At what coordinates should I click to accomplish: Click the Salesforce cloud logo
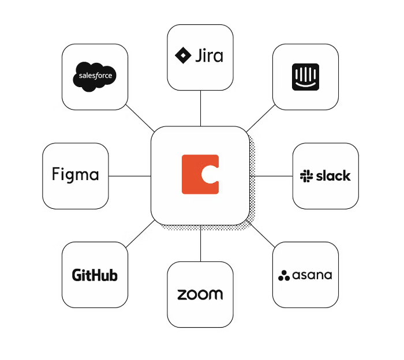click(95, 77)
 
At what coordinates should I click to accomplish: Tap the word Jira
click(209, 55)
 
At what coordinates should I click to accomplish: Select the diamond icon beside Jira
click(183, 55)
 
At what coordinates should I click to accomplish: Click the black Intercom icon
click(305, 77)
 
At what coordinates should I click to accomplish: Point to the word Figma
click(75, 174)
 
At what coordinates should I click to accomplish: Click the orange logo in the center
click(200, 174)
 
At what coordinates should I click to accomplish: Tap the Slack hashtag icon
click(306, 176)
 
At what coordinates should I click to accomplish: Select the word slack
click(333, 176)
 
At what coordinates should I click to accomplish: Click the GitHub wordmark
click(95, 275)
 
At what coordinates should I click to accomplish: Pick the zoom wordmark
click(200, 294)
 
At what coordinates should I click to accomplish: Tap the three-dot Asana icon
click(284, 276)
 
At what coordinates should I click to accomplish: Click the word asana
click(312, 275)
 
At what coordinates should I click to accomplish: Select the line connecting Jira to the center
click(200, 108)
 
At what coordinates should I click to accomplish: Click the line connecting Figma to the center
click(130, 176)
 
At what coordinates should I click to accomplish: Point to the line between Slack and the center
click(271, 176)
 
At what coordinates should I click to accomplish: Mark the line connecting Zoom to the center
click(200, 243)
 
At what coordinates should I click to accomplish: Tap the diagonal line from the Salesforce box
click(140, 118)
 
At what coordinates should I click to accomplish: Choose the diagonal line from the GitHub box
click(140, 234)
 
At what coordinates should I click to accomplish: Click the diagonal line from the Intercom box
click(260, 118)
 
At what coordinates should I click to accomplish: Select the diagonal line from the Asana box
click(260, 234)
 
